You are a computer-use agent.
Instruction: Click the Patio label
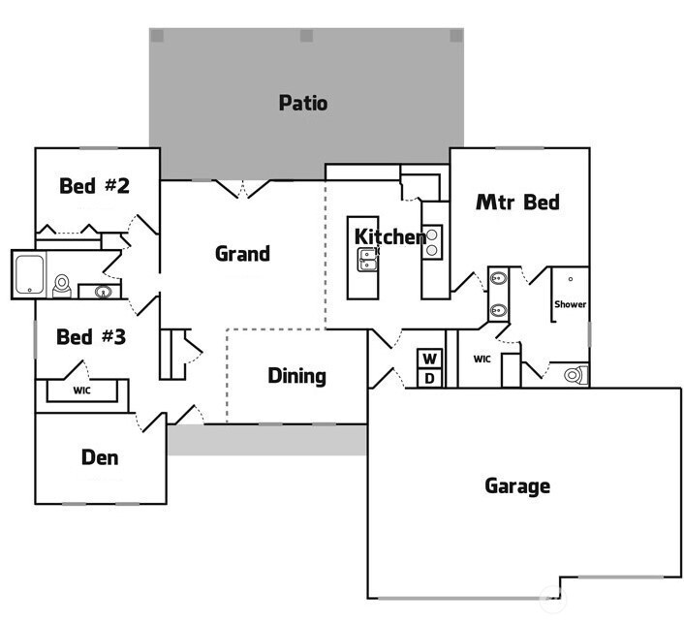tap(302, 103)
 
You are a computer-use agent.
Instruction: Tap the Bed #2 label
tap(94, 185)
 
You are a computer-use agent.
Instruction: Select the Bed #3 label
tap(91, 337)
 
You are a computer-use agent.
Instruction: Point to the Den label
tap(100, 456)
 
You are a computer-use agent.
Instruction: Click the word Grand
tap(242, 254)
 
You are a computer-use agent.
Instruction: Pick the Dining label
tap(296, 376)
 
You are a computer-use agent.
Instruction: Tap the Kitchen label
tap(389, 236)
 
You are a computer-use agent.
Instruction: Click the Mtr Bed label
tap(517, 203)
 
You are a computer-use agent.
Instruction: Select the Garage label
tap(517, 485)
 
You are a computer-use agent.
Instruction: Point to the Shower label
tap(570, 304)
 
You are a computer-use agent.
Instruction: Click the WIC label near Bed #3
tap(82, 391)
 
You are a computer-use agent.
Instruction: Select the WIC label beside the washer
tap(482, 359)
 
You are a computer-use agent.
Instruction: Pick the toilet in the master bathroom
tap(572, 374)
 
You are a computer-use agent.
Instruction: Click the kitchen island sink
tap(368, 258)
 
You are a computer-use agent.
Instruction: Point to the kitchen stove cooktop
tap(433, 240)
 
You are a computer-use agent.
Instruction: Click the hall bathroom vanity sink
tap(100, 291)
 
